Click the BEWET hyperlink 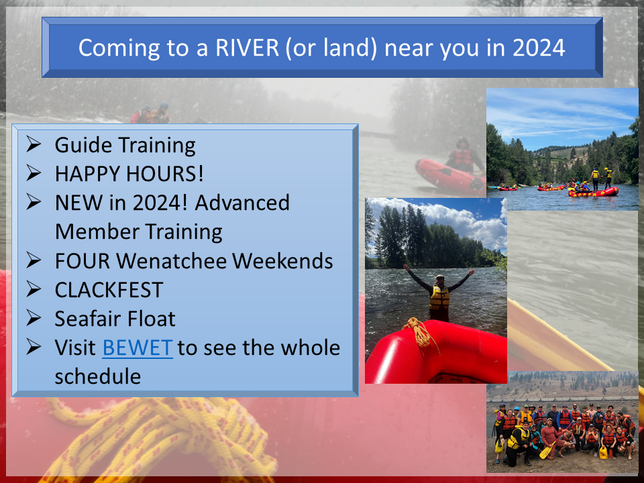pyautogui.click(x=137, y=347)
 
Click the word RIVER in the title pyautogui.click(x=248, y=48)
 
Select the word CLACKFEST pyautogui.click(x=109, y=290)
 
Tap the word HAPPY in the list pyautogui.click(x=87, y=174)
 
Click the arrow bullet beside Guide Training pyautogui.click(x=34, y=144)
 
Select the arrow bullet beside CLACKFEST pyautogui.click(x=34, y=289)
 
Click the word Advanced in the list pyautogui.click(x=242, y=203)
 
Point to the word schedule pyautogui.click(x=98, y=376)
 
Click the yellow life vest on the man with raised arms pyautogui.click(x=439, y=298)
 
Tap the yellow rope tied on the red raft pyautogui.click(x=420, y=331)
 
